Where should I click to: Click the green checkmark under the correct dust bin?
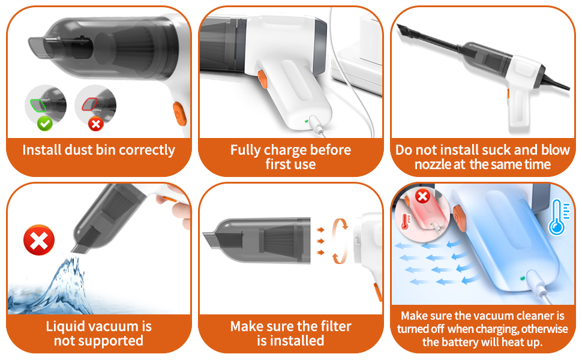(x=43, y=124)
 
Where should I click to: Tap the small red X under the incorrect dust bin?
(x=95, y=124)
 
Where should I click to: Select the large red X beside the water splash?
(x=38, y=241)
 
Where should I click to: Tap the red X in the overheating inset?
(x=422, y=196)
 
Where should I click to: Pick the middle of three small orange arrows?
(x=320, y=241)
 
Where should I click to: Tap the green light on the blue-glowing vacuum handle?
(x=523, y=278)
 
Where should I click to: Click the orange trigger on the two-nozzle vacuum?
(x=507, y=94)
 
